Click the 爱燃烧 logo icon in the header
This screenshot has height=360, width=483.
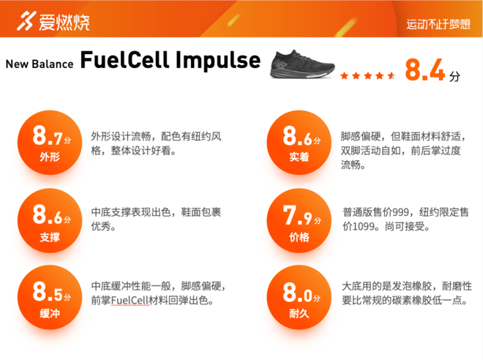pyautogui.click(x=28, y=20)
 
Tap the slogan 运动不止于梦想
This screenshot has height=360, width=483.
pyautogui.click(x=438, y=23)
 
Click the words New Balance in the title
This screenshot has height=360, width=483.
pyautogui.click(x=40, y=64)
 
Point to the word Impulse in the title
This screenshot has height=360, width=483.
pyautogui.click(x=217, y=60)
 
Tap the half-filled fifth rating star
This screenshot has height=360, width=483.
pyautogui.click(x=392, y=75)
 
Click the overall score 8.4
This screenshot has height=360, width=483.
pyautogui.click(x=424, y=70)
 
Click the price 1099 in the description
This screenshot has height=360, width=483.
pyautogui.click(x=366, y=227)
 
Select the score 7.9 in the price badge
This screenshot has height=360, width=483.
pyautogui.click(x=296, y=215)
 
